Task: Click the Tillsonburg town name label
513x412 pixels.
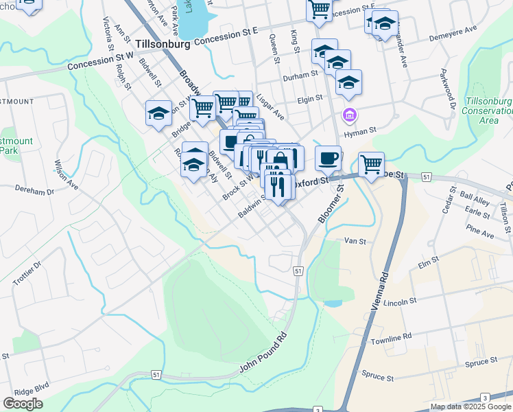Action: (163, 43)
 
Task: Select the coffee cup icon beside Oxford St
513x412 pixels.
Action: (328, 158)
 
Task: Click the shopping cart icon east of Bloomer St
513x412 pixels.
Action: (371, 164)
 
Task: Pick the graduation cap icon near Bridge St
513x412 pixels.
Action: (159, 113)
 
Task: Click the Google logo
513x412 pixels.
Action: (23, 403)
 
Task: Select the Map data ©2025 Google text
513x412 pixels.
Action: (470, 407)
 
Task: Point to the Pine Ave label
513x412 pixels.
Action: (479, 235)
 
